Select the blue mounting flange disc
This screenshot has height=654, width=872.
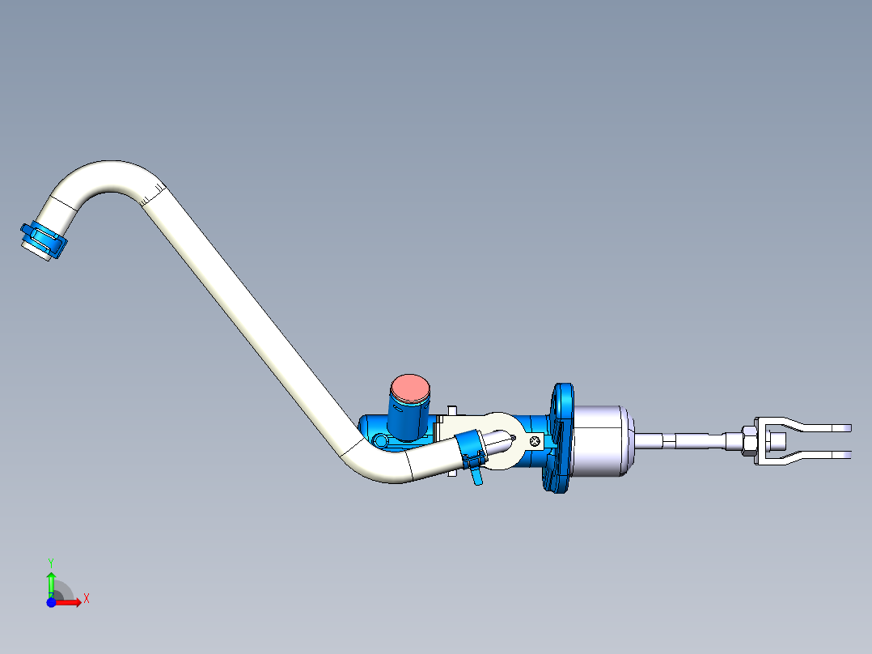[561, 440]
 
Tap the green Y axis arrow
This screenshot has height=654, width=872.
[51, 580]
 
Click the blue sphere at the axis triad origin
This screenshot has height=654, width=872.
[51, 602]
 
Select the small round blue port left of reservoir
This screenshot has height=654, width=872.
[379, 440]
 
